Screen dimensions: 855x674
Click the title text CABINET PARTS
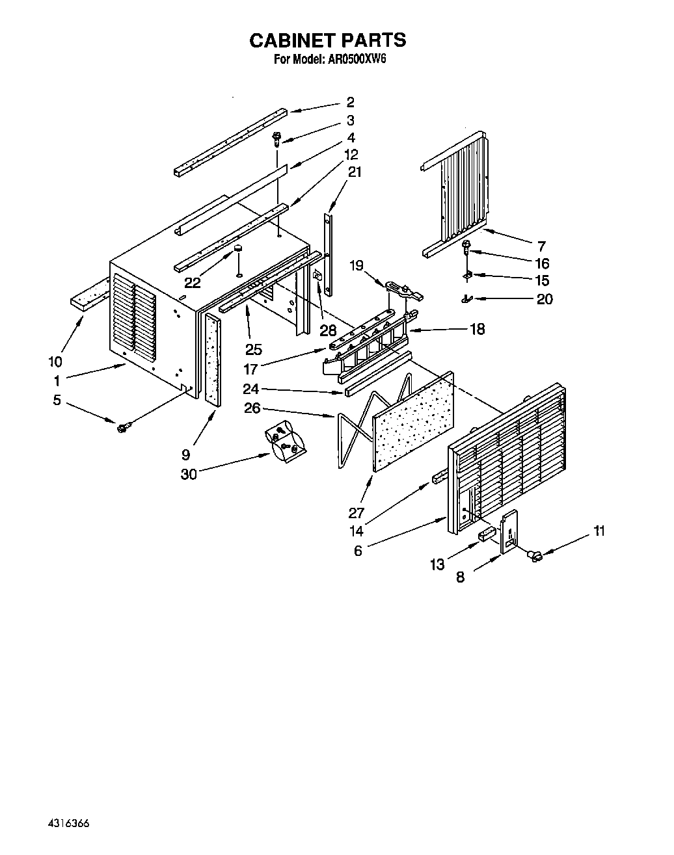coord(327,40)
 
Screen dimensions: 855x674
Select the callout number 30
coord(189,474)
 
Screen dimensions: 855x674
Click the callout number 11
coord(599,531)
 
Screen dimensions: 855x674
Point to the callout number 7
coord(541,246)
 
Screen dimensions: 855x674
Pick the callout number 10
coord(55,362)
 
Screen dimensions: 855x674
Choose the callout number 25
coord(253,349)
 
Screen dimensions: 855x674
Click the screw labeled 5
coord(123,427)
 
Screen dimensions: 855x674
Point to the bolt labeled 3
coord(277,138)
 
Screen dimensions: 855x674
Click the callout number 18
coord(477,329)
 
